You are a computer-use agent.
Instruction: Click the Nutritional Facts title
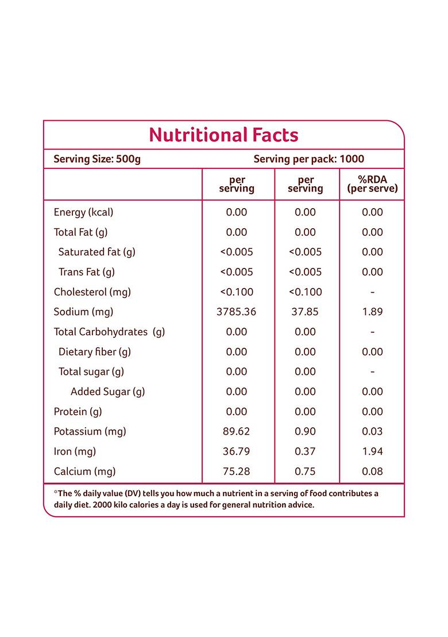pos(223,135)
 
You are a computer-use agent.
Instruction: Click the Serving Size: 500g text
pos(97,159)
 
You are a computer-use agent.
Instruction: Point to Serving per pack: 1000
pos(308,159)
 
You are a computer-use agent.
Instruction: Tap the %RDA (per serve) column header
pos(372,184)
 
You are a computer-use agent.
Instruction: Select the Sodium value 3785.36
pos(237,312)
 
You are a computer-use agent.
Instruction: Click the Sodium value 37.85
pos(305,312)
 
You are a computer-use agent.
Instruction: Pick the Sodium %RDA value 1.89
pos(372,312)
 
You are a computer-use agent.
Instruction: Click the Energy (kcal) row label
pos(83,212)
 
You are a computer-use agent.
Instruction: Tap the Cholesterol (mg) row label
pos(92,292)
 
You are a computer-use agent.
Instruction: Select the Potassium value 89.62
pos(237,431)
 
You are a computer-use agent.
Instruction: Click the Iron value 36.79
pos(237,451)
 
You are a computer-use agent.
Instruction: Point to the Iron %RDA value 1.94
pos(372,451)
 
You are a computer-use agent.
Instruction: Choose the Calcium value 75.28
pos(237,471)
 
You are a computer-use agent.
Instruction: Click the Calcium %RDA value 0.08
pos(372,471)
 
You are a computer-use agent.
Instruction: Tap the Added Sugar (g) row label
pos(107,392)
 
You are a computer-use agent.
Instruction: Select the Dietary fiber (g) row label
pos(95,352)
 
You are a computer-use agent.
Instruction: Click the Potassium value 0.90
pos(305,431)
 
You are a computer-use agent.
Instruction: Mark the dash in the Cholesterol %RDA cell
pos(372,292)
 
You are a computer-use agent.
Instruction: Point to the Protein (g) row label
pos(78,412)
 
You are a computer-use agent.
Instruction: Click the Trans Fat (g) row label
pos(86,272)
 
